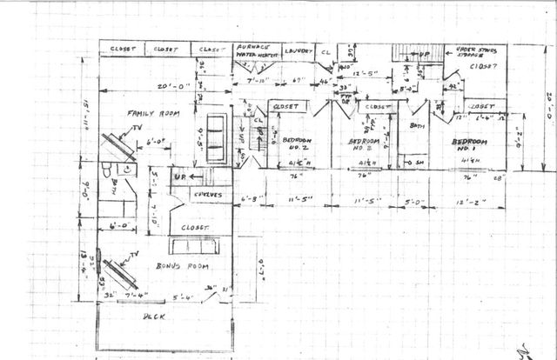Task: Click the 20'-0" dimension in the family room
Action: coord(161,86)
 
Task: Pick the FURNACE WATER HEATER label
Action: coord(254,50)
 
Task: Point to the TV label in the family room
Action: coord(137,129)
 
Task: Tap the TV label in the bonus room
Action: coord(132,256)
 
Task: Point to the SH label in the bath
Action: coord(418,163)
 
